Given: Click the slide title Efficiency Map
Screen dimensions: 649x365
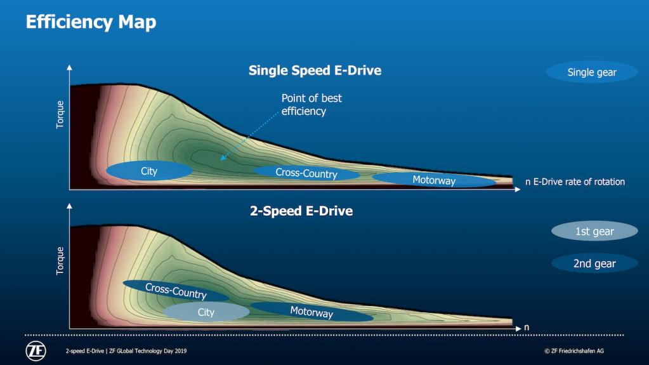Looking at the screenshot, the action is coord(91,22).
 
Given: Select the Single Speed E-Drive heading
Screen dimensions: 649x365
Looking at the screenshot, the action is coord(315,70).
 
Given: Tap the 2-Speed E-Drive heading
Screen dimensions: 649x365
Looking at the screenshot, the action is coord(301,211).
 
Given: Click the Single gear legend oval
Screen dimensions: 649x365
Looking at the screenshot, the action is coord(592,72).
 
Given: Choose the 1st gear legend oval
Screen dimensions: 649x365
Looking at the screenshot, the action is coord(594,231).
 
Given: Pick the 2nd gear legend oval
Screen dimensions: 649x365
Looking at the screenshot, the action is coord(594,263).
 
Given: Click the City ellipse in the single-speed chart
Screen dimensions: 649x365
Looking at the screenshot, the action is coord(149,171).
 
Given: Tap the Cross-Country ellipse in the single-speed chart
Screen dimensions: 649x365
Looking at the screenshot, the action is coord(306,173).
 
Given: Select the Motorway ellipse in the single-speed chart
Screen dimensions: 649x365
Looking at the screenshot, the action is coord(434,180).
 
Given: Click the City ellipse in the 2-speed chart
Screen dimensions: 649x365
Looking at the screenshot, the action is coord(206,312).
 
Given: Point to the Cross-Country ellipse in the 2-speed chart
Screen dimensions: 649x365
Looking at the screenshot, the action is coord(176,291).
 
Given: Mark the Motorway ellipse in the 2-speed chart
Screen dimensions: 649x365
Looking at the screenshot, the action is coord(311,312).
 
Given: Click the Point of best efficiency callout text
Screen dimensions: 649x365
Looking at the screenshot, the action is coord(311,104).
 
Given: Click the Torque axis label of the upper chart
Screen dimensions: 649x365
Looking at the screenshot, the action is coord(60,114).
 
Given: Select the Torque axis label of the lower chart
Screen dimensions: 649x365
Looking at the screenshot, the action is coord(60,261).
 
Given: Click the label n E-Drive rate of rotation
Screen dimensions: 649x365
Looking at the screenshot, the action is coord(575,182).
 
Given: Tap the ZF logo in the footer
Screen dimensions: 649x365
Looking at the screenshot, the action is coord(36,351).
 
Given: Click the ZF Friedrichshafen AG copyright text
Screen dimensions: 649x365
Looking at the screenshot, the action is coord(574,351).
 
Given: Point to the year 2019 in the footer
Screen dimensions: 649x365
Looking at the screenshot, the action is coord(180,351).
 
